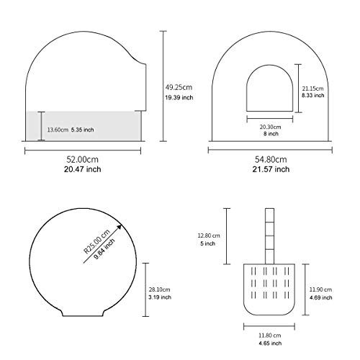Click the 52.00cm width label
82,159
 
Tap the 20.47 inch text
82,169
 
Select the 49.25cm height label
179,87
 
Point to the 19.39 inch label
179,97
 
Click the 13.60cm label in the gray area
58,130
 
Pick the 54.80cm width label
271,159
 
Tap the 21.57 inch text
271,169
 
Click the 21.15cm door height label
312,89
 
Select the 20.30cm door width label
270,127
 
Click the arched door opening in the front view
270,66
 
